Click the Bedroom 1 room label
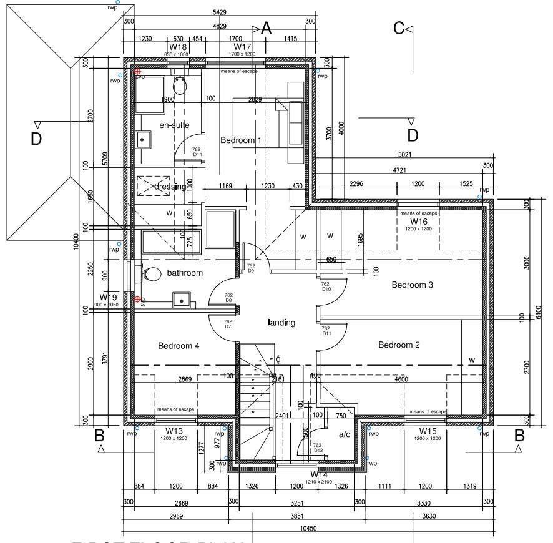pos(241,140)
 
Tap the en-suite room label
pos(174,125)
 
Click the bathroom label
pos(185,273)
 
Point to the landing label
pos(281,323)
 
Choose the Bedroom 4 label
pos(178,345)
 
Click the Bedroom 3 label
pos(412,285)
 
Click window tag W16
pos(418,222)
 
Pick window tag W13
pos(174,431)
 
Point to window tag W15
pos(427,431)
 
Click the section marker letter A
pos(267,28)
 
